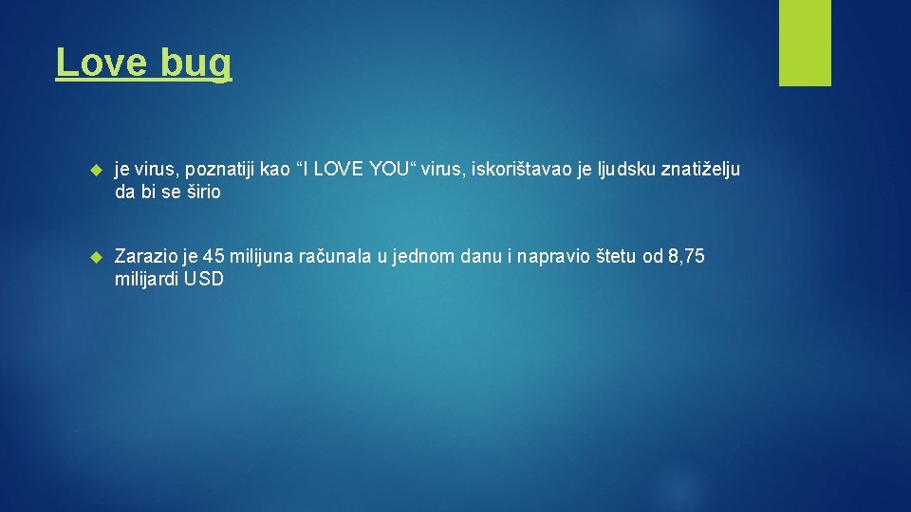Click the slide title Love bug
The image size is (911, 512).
(143, 63)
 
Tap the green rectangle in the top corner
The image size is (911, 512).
(805, 43)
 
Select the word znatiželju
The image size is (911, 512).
(697, 170)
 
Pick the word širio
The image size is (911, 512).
(199, 192)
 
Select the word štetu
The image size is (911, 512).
(618, 256)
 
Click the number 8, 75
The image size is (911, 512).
(686, 256)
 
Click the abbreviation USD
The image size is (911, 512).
(204, 279)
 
